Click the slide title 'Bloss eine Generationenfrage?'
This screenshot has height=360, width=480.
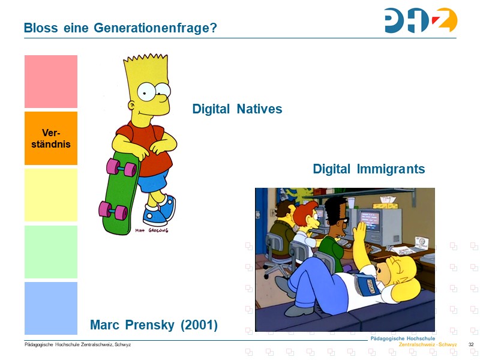120,28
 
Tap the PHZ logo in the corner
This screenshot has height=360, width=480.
421,21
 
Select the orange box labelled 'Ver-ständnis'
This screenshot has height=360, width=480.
51,138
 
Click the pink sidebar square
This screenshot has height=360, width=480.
51,82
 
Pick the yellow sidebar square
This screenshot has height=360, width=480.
51,195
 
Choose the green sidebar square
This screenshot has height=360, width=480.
51,251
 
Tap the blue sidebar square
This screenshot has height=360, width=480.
51,308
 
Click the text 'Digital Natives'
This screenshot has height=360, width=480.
237,109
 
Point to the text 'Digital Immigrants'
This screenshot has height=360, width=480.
368,169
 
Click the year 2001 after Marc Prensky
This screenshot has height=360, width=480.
198,325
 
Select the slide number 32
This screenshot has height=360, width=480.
471,344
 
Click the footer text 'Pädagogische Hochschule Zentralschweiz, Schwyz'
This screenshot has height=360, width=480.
77,344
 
